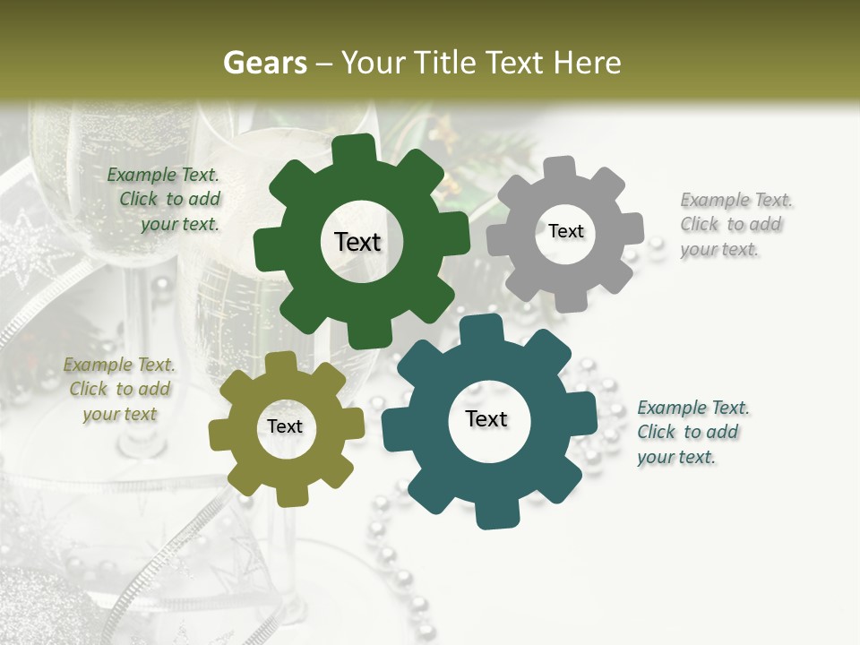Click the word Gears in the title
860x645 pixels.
coord(264,63)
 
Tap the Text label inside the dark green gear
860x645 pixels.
coord(357,242)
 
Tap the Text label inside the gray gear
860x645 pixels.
coord(565,231)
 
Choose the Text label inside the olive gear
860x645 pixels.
coord(285,427)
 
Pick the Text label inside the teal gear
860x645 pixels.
coord(486,419)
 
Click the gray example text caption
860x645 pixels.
coord(735,225)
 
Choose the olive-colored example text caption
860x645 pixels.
coord(120,390)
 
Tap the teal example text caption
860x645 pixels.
coord(692,432)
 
